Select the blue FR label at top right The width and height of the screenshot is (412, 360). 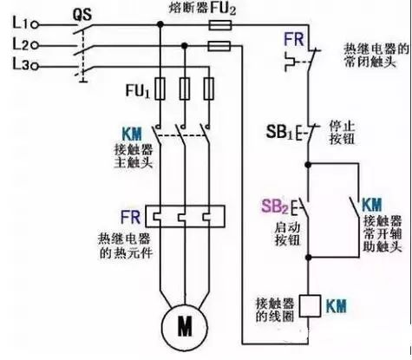coord(292,40)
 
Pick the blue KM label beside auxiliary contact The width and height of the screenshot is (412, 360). coord(371,205)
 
